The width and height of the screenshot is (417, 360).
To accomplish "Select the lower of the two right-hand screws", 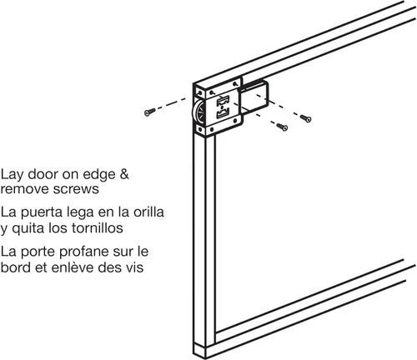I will click(282, 127).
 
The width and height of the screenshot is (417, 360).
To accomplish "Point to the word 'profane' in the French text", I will click(91, 251).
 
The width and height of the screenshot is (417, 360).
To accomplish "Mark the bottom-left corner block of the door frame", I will click(197, 349).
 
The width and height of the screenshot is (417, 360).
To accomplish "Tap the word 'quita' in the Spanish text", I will click(34, 227).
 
